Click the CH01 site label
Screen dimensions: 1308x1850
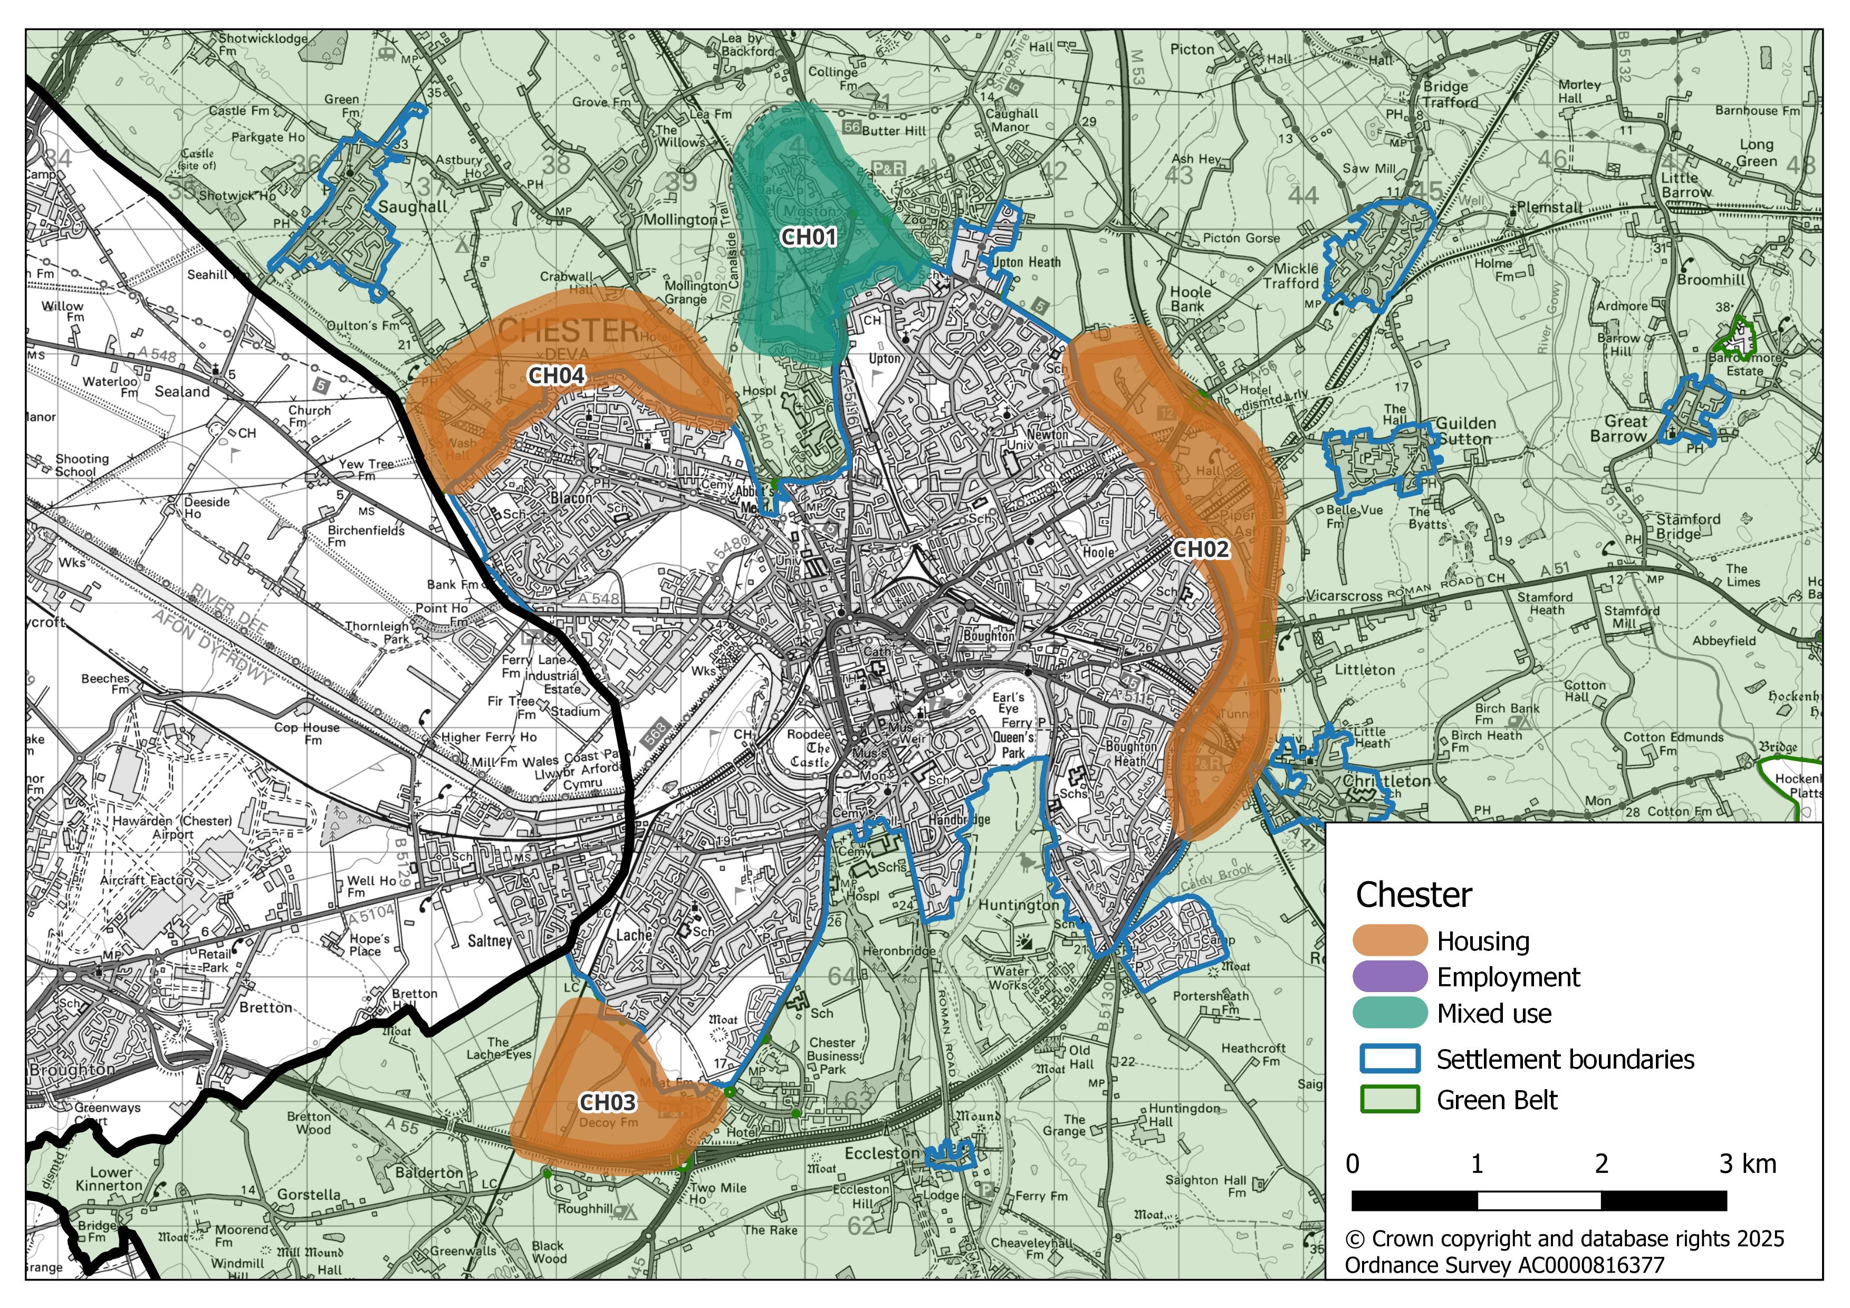[x=809, y=237]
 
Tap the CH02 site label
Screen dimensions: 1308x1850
[x=1201, y=549]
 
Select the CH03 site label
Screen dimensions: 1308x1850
[x=608, y=1102]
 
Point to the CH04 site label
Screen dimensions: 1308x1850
[x=556, y=376]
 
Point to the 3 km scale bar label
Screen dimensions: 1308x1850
[x=1747, y=1164]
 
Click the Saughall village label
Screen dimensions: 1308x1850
[x=413, y=207]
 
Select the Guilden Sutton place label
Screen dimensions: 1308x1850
[x=1465, y=431]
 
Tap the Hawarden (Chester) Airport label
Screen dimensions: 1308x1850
[x=172, y=827]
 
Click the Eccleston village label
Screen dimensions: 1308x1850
[x=881, y=1153]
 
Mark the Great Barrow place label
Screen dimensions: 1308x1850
[x=1624, y=428]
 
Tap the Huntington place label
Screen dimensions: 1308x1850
[x=1019, y=905]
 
